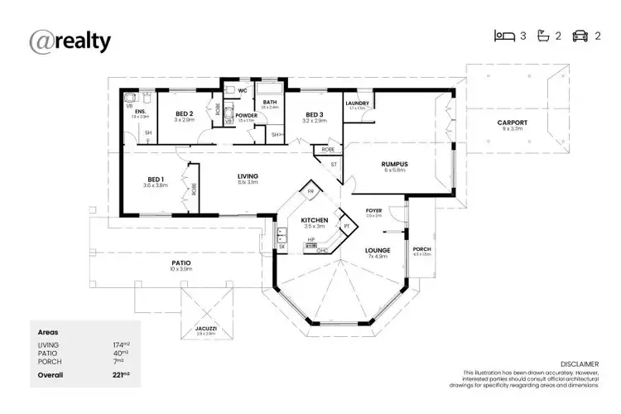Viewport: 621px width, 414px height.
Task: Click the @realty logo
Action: pyautogui.click(x=70, y=41)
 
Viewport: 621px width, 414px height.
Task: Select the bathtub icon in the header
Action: pyautogui.click(x=543, y=36)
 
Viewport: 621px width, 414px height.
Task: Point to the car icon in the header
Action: pyautogui.click(x=580, y=36)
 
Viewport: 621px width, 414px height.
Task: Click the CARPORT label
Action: pyautogui.click(x=512, y=123)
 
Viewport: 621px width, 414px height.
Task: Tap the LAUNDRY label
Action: pyautogui.click(x=357, y=103)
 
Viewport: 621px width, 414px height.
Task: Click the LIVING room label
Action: pyautogui.click(x=247, y=176)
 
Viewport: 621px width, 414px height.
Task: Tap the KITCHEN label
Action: pyautogui.click(x=315, y=219)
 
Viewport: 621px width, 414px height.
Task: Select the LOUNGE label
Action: pyautogui.click(x=377, y=249)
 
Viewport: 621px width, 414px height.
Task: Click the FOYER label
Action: pyautogui.click(x=374, y=210)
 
